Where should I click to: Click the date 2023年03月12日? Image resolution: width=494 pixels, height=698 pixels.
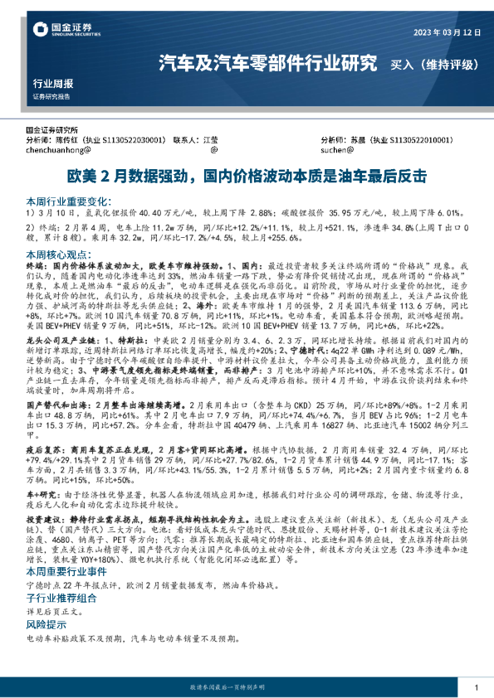(443, 33)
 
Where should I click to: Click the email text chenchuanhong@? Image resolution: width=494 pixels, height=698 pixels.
(63, 152)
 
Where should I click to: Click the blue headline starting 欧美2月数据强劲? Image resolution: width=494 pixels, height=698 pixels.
(247, 177)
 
